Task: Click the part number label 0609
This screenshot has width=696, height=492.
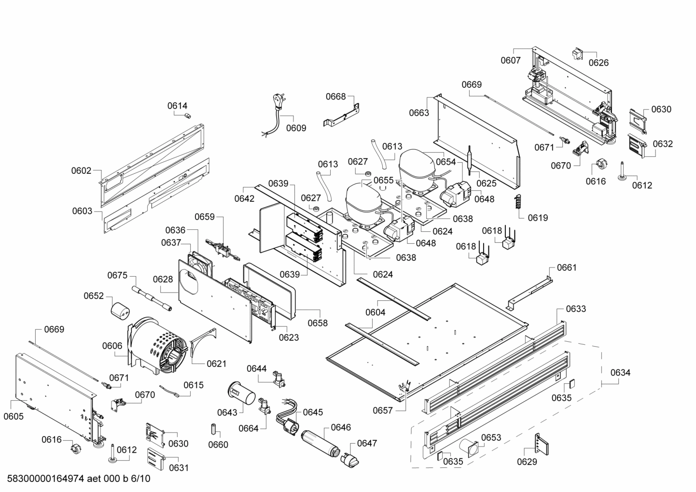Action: (296, 128)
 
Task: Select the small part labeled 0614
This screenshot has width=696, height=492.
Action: (188, 115)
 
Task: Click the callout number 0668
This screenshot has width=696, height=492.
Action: (335, 97)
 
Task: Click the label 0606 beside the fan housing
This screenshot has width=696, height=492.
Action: (112, 346)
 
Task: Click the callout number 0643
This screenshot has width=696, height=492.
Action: (227, 412)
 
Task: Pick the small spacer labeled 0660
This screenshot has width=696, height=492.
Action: (213, 429)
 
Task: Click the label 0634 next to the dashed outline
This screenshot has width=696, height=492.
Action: (620, 373)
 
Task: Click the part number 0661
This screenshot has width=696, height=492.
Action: (567, 267)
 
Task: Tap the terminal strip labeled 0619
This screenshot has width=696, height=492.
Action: (519, 202)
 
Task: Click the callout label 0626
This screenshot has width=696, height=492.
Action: (598, 63)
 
